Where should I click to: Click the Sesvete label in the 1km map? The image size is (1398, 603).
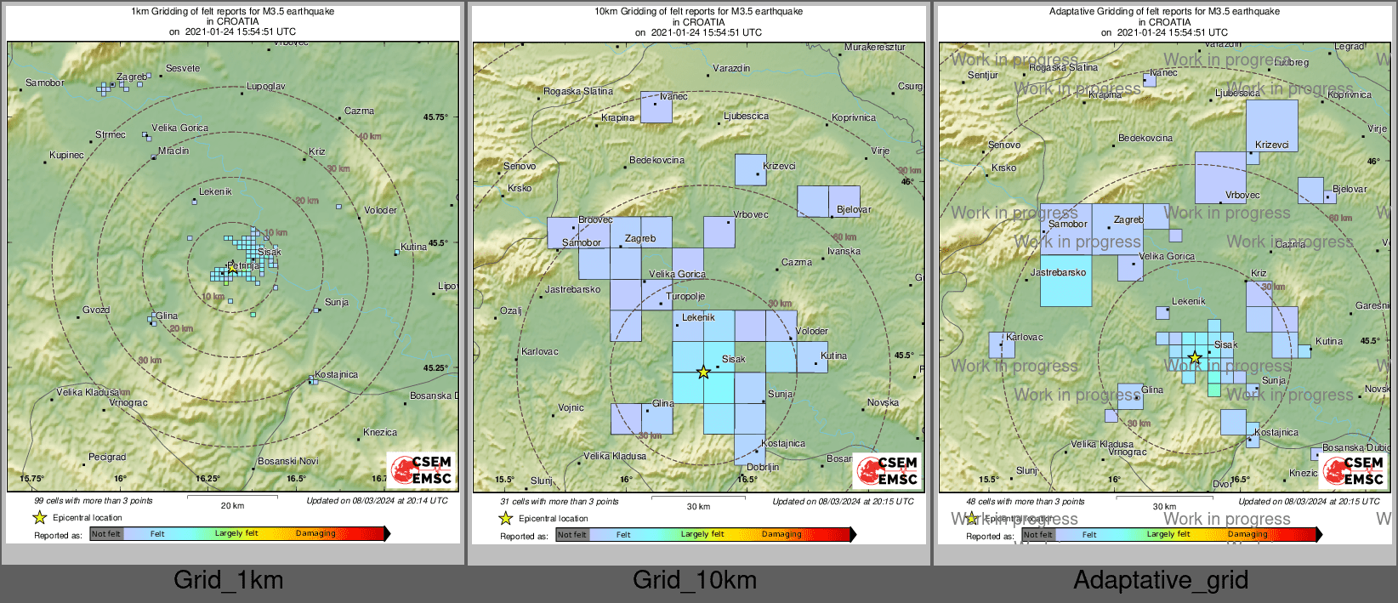183,68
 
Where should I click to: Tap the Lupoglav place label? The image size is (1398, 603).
266,86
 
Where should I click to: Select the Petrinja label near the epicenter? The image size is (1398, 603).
244,265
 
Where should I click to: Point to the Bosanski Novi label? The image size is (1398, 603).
288,461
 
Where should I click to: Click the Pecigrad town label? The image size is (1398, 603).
107,457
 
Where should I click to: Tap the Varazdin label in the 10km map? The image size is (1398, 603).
731,68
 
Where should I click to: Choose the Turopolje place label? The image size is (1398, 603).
685,296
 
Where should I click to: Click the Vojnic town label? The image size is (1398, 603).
571,407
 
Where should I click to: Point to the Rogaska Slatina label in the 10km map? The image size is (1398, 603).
578,91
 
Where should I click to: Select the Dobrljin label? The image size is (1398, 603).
763,467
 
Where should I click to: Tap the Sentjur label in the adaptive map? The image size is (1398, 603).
983,75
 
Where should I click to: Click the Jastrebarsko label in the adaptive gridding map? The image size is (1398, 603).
1059,272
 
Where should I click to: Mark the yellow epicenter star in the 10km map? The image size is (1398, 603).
703,372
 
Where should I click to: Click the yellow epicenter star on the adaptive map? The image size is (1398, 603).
1195,357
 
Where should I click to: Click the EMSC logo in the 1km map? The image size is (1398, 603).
423,469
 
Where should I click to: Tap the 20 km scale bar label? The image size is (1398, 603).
232,505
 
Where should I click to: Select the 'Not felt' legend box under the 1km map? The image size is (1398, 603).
106,534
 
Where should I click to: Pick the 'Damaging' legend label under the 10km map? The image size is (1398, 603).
781,534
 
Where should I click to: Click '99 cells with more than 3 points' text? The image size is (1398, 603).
94,501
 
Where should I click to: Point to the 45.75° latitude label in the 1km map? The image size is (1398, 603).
435,117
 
